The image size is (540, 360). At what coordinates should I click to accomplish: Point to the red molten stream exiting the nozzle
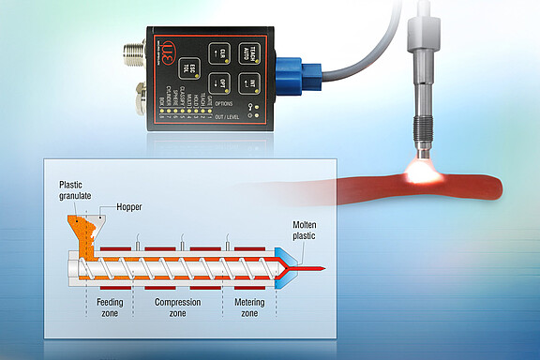tap(313, 269)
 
